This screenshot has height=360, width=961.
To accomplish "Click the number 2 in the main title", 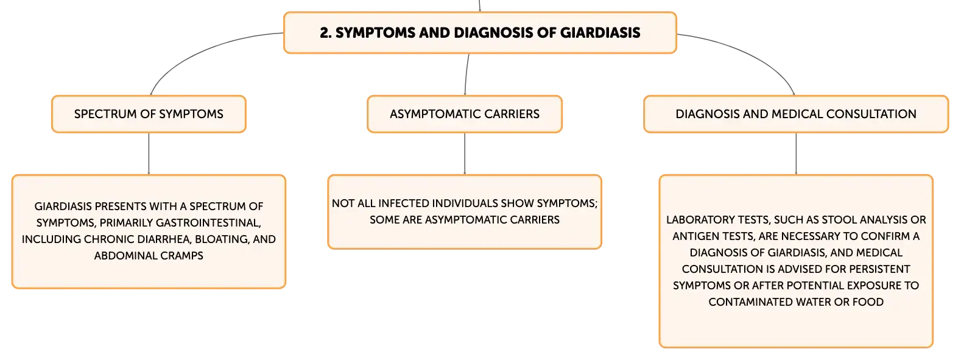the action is [x=325, y=33].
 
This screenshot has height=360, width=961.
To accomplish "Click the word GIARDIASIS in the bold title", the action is [x=600, y=33].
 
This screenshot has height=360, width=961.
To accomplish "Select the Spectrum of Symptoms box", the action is [x=149, y=114].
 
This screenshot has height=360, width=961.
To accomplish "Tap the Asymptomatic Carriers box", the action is [x=465, y=114].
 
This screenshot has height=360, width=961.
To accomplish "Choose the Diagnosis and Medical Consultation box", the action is [x=796, y=114].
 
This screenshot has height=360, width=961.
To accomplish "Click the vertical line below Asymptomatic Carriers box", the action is [x=465, y=154].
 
